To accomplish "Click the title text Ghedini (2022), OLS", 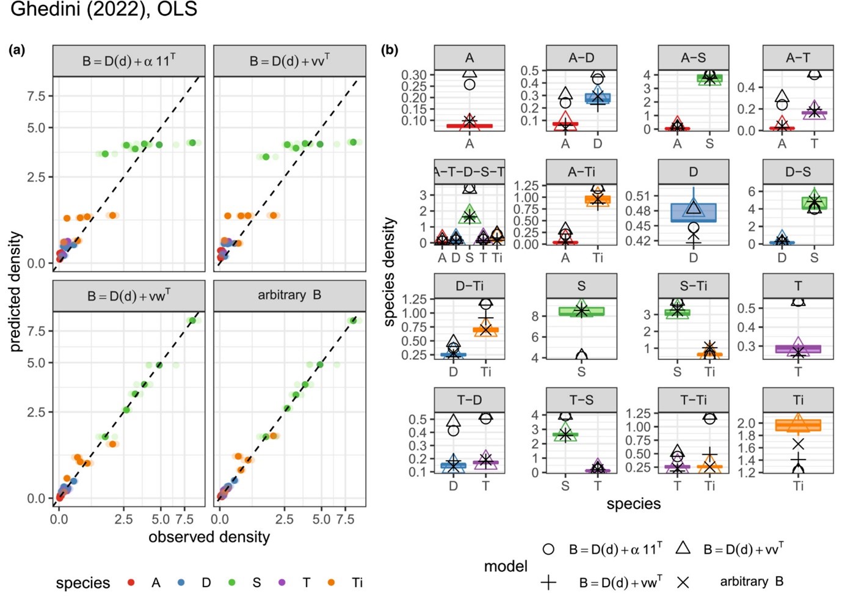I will [104, 10].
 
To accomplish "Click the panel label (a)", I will [17, 50].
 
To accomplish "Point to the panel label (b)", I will [390, 50].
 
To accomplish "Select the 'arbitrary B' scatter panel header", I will [289, 296].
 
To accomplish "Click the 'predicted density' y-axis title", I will [15, 291].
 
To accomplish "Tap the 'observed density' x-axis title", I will [209, 537].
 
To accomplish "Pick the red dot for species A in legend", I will [131, 583].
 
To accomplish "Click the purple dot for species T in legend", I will [281, 583].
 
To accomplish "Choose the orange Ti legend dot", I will [332, 583].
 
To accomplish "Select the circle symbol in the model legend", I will [548, 549].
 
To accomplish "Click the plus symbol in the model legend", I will [548, 583].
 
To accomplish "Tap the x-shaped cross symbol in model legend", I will [683, 583].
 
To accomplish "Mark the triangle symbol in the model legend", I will [683, 548].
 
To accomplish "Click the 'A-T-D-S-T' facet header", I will [470, 172].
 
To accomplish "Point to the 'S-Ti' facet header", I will [693, 286].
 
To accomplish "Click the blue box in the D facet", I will [693, 212].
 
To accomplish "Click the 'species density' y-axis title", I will [390, 271].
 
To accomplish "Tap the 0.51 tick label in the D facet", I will [637, 196].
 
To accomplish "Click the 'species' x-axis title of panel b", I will [633, 504].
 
